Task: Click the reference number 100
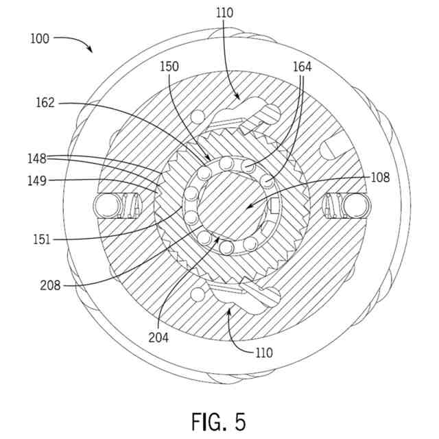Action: pos(40,38)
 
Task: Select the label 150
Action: pos(169,67)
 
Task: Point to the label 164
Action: pos(302,67)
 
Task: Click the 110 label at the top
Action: pos(224,12)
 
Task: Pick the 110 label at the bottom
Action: pos(263,353)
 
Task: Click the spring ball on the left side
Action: pos(106,204)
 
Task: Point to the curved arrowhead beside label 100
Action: pos(90,49)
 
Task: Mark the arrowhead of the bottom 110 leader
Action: pos(228,312)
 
